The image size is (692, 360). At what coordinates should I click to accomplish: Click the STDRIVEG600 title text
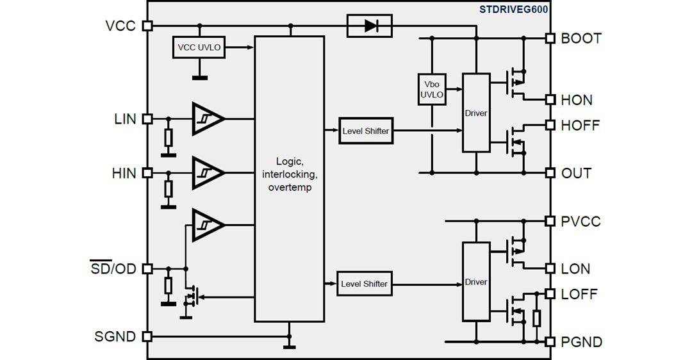coord(513,9)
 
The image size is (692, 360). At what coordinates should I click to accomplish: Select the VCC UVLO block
coord(199,47)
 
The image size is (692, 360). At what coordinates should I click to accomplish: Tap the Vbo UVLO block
coord(431,89)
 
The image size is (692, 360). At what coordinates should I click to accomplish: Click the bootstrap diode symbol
coord(370,26)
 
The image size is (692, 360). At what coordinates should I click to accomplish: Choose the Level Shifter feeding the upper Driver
coord(365,131)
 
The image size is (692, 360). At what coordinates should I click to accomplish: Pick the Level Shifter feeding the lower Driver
coord(364,283)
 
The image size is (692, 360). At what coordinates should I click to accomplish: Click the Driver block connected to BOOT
coord(476,113)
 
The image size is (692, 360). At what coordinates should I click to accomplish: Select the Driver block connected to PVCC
coord(476,282)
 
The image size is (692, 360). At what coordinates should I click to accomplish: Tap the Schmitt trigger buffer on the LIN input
coord(207,119)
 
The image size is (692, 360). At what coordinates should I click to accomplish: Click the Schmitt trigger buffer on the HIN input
coord(207,172)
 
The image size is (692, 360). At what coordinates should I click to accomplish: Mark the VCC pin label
coord(120,26)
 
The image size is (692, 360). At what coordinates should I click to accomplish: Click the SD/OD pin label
coord(113,268)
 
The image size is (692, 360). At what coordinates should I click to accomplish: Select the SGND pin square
coord(147,336)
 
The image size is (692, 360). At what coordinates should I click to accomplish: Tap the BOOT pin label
coord(581,38)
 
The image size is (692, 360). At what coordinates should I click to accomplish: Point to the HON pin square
coord(549,99)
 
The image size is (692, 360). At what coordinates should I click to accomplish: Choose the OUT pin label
coord(576,173)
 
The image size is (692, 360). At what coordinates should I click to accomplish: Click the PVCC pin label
coord(581,222)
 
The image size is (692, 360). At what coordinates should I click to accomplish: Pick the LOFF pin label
coord(579,294)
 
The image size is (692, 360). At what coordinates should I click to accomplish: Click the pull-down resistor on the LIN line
coord(169,138)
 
